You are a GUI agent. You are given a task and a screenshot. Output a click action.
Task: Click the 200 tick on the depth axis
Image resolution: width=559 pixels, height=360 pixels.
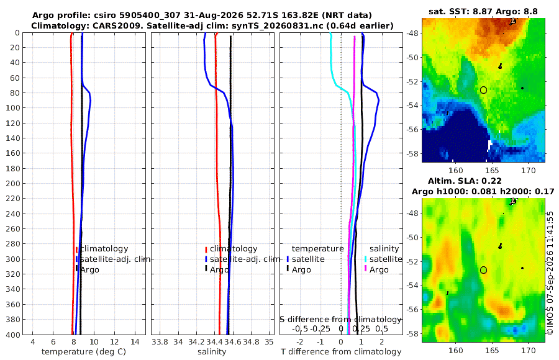point(13,183)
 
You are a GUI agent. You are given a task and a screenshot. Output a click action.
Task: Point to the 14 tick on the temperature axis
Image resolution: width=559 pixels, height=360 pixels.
point(135,341)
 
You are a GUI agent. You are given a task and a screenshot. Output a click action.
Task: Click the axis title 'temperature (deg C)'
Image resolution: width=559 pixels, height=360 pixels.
point(84,352)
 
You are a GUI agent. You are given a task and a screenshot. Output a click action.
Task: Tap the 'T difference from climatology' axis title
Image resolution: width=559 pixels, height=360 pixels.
point(341,352)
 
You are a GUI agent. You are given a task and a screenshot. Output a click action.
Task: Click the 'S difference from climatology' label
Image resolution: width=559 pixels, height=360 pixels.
point(340,320)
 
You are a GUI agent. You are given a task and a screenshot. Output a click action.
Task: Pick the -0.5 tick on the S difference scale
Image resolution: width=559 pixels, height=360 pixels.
point(300,328)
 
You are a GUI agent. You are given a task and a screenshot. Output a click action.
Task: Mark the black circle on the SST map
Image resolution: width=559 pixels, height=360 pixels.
point(483,90)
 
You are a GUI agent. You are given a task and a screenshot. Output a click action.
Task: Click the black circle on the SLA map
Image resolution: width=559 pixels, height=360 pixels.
point(483,270)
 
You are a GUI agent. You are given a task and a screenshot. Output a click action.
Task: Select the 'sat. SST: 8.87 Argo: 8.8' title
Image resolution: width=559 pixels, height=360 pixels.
point(483,11)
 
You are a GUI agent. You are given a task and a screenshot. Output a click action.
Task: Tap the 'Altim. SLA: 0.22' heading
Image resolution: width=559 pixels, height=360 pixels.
point(465,181)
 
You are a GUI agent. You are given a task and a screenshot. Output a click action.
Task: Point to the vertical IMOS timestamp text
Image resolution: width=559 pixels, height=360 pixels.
point(550,273)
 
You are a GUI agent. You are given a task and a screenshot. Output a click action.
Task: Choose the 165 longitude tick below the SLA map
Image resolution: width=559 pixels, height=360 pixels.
point(492,350)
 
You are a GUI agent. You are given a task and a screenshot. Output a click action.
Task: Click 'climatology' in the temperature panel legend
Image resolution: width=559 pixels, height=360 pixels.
point(104,249)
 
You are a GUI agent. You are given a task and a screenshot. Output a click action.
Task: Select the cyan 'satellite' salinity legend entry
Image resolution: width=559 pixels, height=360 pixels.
point(386,259)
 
